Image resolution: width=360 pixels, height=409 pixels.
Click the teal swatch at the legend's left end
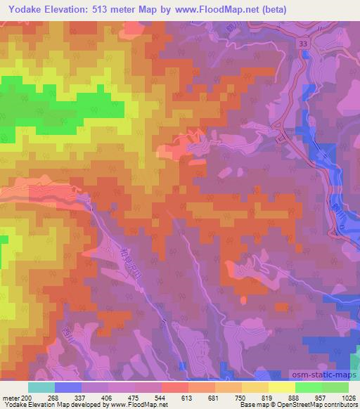pos(41,387)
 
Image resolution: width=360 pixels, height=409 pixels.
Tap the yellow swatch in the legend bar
pos(281,387)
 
